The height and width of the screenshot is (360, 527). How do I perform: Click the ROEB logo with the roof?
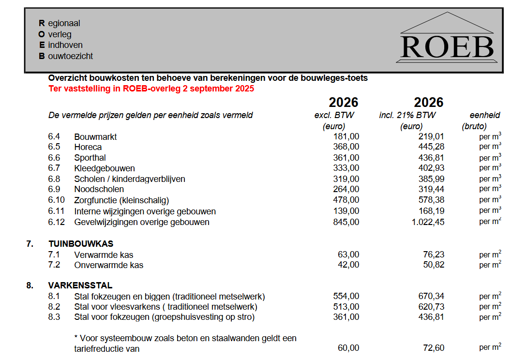pyautogui.click(x=447, y=39)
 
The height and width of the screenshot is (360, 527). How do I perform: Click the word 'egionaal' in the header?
pyautogui.click(x=64, y=23)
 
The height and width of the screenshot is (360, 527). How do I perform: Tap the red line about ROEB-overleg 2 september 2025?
pyautogui.click(x=151, y=89)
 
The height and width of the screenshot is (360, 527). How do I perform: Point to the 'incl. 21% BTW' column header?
pyautogui.click(x=407, y=115)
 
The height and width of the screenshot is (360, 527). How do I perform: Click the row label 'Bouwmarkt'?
pyautogui.click(x=95, y=137)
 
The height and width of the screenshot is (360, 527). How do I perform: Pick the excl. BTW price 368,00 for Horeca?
pyautogui.click(x=346, y=147)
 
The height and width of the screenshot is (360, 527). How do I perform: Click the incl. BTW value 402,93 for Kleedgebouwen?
pyautogui.click(x=431, y=168)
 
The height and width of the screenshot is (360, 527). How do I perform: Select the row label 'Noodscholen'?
pyautogui.click(x=99, y=189)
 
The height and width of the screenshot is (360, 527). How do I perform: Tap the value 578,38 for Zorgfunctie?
pyautogui.click(x=431, y=200)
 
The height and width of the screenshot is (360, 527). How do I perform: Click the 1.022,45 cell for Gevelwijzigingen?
pyautogui.click(x=426, y=222)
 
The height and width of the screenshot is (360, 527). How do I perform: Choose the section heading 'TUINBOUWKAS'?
pyautogui.click(x=81, y=244)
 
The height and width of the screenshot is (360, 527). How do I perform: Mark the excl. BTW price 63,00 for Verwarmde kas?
pyautogui.click(x=348, y=255)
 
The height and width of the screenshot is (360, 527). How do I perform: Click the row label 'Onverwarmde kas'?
pyautogui.click(x=108, y=265)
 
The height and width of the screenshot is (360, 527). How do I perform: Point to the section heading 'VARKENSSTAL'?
pyautogui.click(x=80, y=285)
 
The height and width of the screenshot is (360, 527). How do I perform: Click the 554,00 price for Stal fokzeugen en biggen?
pyautogui.click(x=346, y=296)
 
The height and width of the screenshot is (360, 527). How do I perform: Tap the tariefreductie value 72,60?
pyautogui.click(x=433, y=348)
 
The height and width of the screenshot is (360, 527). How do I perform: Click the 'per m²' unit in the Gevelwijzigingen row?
pyautogui.click(x=490, y=222)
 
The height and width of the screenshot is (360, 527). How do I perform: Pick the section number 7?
pyautogui.click(x=30, y=244)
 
